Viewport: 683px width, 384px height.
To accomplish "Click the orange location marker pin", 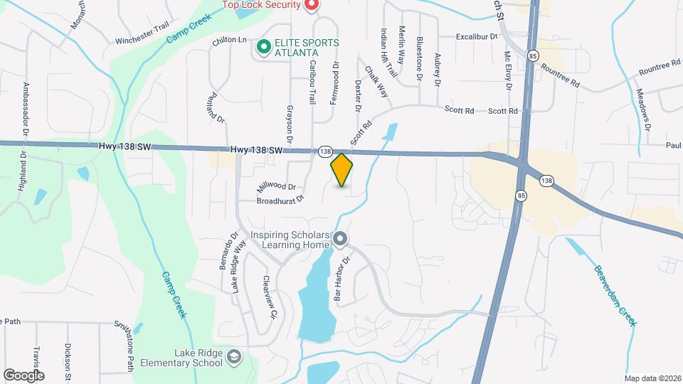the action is click(342, 170).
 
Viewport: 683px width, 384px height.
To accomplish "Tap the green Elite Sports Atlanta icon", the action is click(263, 48).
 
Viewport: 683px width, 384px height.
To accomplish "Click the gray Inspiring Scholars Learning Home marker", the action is click(340, 240).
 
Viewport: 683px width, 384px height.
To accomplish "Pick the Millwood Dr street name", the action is click(276, 186).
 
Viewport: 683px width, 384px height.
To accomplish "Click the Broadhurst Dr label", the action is click(280, 201).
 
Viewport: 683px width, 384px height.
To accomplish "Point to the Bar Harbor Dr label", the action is click(343, 279).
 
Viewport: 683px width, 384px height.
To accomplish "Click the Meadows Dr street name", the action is click(643, 110).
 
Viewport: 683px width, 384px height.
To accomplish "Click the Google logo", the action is click(23, 375).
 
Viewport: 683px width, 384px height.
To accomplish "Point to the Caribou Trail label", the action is click(312, 82).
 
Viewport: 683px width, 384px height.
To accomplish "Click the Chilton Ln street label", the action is click(228, 41).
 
